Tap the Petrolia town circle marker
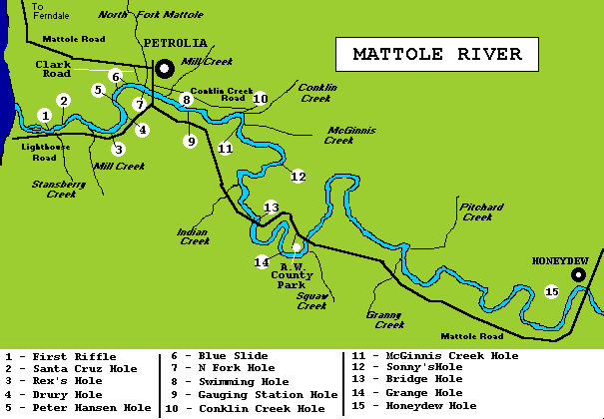pos(164,67)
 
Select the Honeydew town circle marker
pos(577,274)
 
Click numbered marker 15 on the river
pos(552,291)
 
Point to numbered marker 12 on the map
pos(298,177)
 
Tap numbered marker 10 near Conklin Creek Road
pos(261,99)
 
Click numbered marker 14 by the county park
pos(262,261)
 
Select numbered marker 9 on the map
pos(190,142)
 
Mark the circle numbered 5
pos(98,90)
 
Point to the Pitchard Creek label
pos(477,211)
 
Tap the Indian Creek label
pos(194,235)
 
